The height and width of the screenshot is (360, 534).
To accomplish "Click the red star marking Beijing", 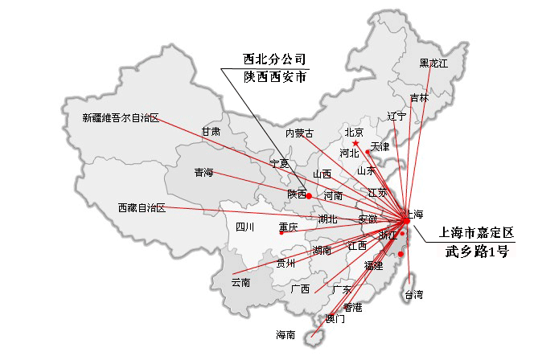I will (x=355, y=143).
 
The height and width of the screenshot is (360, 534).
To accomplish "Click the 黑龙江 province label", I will (x=433, y=63).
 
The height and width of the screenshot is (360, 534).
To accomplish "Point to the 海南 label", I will (x=285, y=334).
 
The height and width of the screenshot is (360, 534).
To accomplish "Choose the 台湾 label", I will (x=413, y=294).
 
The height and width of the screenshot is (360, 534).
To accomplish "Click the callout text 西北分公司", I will (x=275, y=59).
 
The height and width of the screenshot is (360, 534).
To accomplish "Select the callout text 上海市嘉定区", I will (x=477, y=232).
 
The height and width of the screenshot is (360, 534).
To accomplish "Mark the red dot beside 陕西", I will (x=309, y=195).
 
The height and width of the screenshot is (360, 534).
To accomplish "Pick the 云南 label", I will (x=240, y=283).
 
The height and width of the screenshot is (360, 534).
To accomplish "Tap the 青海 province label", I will (x=203, y=173).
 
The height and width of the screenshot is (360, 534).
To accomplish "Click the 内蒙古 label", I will (x=299, y=133).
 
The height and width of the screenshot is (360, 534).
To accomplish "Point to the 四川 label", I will (x=245, y=227).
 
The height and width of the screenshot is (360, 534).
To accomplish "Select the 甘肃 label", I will (x=211, y=131).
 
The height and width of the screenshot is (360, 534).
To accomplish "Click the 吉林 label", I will (x=419, y=98).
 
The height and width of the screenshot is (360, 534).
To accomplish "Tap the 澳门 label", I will (x=335, y=319).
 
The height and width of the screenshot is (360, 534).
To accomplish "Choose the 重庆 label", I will (x=289, y=227).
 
